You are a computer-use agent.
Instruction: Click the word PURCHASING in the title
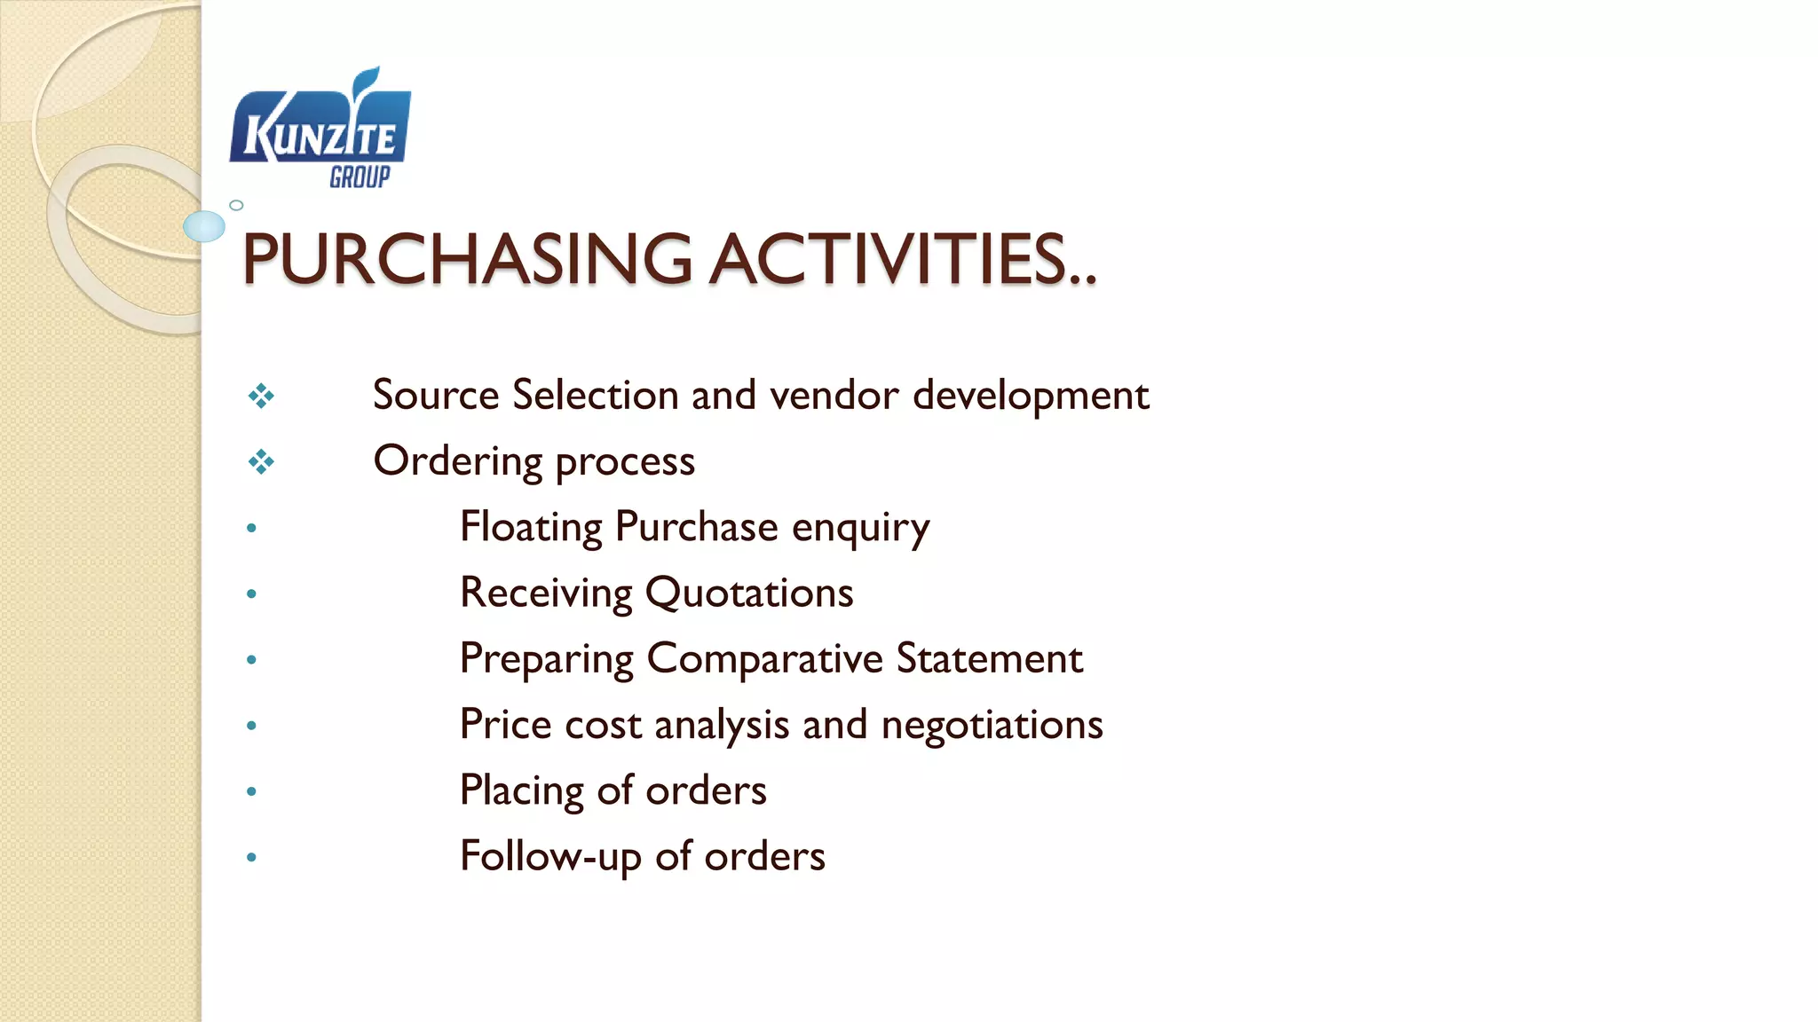(466, 259)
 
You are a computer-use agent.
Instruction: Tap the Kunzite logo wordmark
(320, 138)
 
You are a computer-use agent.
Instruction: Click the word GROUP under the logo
(360, 177)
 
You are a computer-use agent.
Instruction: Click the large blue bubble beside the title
(204, 226)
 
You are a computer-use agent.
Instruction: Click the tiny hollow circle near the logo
(236, 205)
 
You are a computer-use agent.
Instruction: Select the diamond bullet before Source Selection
(261, 396)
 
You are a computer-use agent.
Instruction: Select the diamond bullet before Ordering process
(261, 461)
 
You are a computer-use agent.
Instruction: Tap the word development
(1031, 396)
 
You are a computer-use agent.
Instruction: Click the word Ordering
(457, 461)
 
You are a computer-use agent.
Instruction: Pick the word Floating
(531, 527)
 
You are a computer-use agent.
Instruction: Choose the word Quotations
(749, 593)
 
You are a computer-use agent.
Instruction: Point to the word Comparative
(764, 659)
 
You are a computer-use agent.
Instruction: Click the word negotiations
(992, 725)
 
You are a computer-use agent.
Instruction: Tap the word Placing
(521, 790)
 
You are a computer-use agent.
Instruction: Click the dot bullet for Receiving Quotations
(251, 594)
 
